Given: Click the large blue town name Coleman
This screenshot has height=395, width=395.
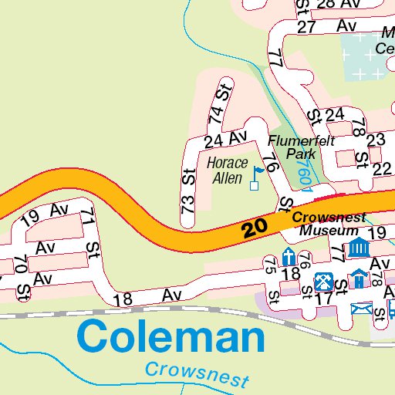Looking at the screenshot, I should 171,338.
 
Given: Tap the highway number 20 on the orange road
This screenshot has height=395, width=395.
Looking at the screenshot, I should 254,228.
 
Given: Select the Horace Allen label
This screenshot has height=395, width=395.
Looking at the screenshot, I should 227,171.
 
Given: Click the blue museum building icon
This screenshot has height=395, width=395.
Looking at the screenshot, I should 357,248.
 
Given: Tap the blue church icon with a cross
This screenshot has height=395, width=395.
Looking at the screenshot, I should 289,257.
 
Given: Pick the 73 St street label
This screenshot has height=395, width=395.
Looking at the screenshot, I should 188,189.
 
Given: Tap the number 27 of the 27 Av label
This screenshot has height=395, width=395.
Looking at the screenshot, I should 307,28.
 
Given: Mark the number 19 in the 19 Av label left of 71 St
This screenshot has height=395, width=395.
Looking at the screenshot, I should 30,218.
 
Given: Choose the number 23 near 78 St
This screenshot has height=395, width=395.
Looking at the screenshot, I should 376,140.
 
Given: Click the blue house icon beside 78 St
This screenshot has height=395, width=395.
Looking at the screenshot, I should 358,278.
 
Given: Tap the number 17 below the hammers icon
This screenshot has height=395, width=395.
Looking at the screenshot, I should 324,297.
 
